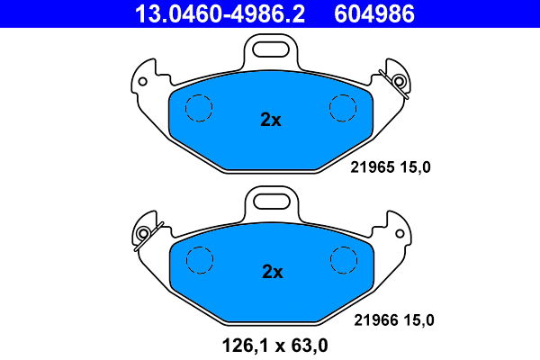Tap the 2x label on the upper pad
pos(271,120)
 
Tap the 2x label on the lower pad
pos(271,271)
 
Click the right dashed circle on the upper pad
pos(344,108)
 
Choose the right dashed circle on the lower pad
pos(344,260)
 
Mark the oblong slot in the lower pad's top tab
pos(271,199)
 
